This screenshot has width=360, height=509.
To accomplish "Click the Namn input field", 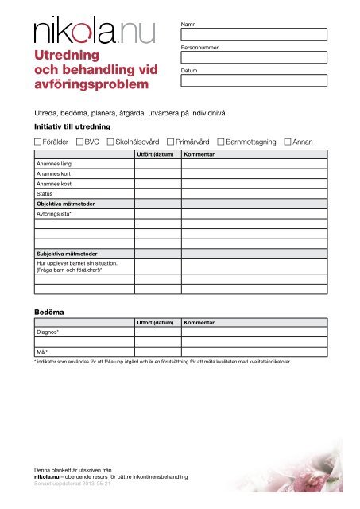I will coord(254,34).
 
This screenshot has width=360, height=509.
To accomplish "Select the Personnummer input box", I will coord(254,57).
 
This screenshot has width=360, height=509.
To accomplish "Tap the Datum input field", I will coord(254,80).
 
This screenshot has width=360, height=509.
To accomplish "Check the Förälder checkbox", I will coord(38,142).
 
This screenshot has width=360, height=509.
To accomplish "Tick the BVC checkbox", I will coord(80,142).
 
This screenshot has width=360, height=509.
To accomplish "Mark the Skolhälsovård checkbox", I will coord(110,142).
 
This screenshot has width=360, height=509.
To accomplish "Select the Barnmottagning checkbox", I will coord(221,142).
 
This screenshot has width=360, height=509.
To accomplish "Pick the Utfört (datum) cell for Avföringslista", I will coord(157,214).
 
